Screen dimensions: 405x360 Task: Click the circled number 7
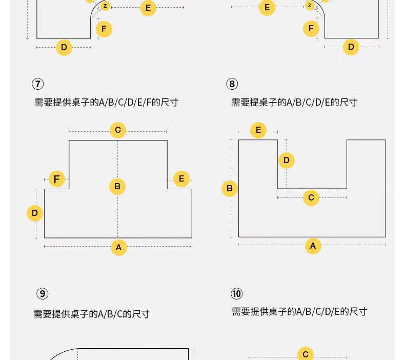pos(38,84)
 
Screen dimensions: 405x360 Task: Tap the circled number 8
pos(232,84)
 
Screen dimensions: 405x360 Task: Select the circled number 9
pos(43,293)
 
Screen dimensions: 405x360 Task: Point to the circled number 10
pos(237,293)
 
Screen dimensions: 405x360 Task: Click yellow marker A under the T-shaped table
pos(118,247)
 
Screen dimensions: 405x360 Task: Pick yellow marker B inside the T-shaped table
pos(117,186)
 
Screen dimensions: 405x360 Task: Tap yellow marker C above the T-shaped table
pos(118,130)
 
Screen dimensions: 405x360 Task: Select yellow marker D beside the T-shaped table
pos(35,213)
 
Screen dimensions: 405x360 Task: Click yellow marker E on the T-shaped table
pos(181,178)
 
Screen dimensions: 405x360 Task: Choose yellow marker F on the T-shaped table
pos(57,179)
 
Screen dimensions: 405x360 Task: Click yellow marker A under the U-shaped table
pos(313,246)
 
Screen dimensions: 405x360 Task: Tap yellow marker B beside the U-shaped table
pos(230,188)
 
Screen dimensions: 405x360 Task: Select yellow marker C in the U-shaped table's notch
pos(311,198)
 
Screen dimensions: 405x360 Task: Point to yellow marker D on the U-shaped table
pos(287,160)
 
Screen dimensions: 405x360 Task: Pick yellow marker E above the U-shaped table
pos(258,130)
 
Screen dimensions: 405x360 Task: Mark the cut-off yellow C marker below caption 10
pos(306,353)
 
